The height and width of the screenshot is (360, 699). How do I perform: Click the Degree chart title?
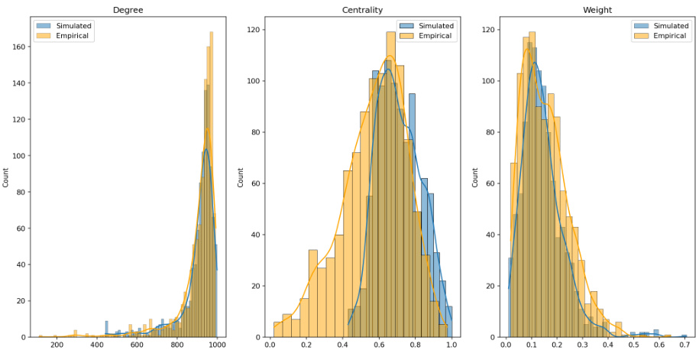pos(125,9)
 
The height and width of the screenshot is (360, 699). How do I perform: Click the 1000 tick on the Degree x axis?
pos(217,345)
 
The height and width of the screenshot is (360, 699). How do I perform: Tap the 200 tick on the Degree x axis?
pos(56,345)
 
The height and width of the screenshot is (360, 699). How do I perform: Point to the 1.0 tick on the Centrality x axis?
pos(451,345)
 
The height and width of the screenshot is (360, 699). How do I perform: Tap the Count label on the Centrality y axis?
pos(241,177)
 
